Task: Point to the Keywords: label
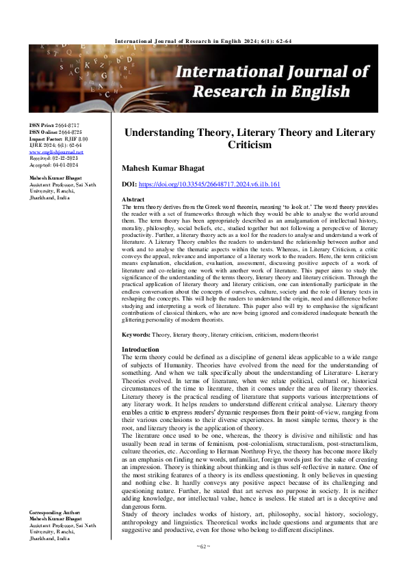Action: click(x=136, y=335)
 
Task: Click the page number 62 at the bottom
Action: click(x=202, y=565)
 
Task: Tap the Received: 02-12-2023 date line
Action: click(x=55, y=157)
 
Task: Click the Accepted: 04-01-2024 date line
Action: click(x=55, y=163)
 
